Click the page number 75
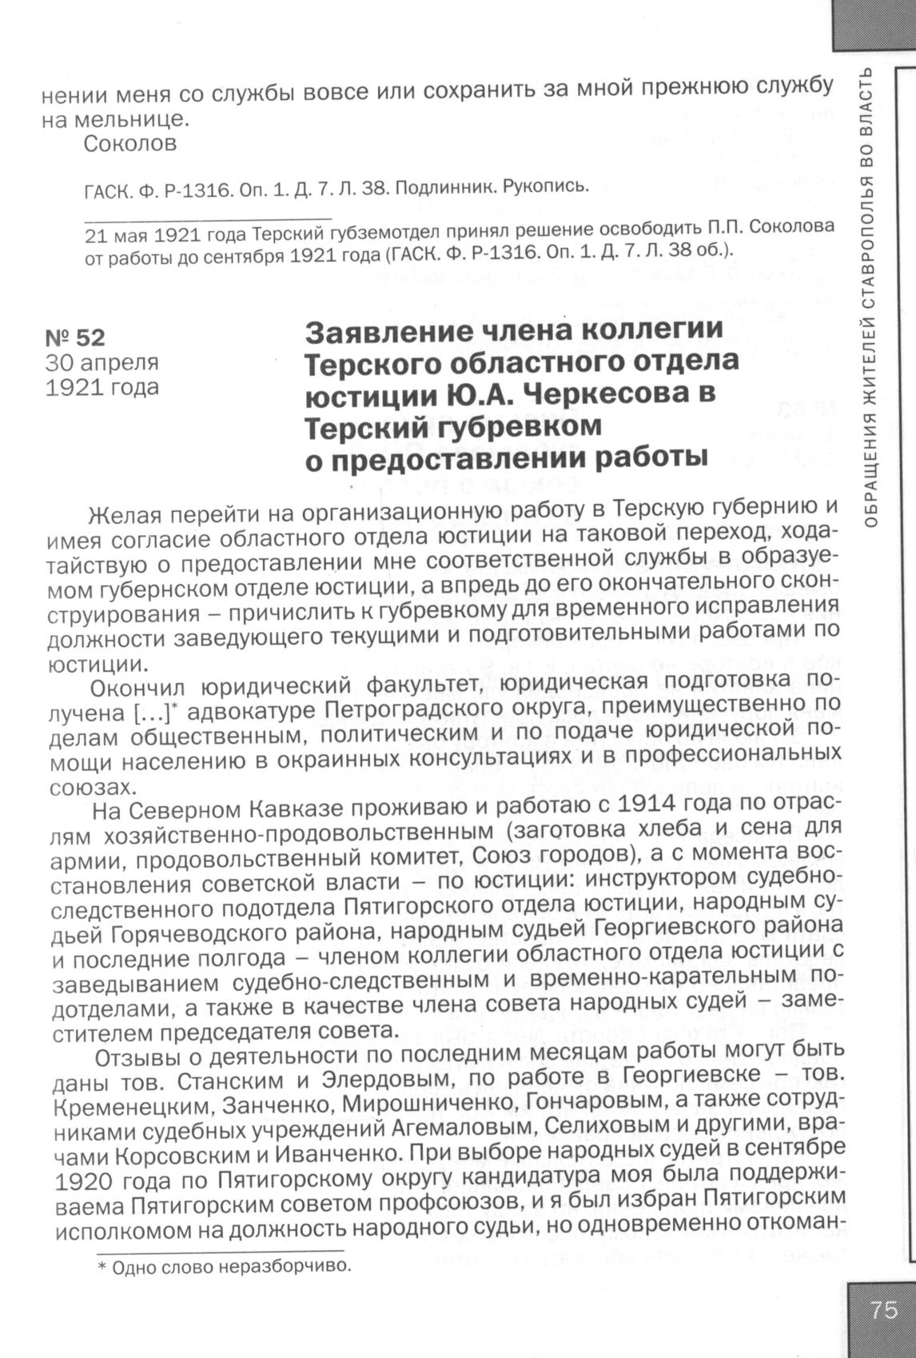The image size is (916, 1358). click(x=883, y=1310)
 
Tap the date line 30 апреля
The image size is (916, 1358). click(x=102, y=362)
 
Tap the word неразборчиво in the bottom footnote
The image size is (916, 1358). click(x=283, y=1267)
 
